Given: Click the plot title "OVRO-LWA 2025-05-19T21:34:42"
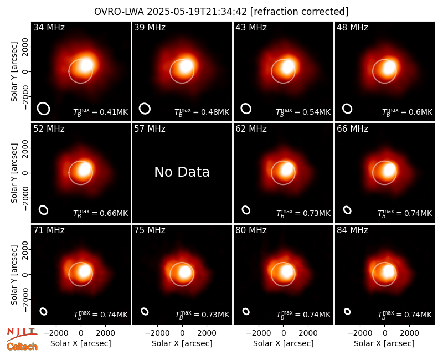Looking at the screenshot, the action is tap(171, 12).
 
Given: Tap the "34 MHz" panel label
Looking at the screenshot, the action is tap(49, 27).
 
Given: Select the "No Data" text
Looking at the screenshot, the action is tap(182, 172).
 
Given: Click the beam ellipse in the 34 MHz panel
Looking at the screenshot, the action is tap(44, 109).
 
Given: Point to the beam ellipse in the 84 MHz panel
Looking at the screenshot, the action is tap(347, 311).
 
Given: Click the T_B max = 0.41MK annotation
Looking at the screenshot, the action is tap(101, 112).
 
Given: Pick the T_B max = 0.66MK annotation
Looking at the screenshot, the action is tap(101, 213).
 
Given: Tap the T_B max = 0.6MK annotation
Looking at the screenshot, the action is tap(407, 112).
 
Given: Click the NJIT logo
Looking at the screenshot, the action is tap(22, 333).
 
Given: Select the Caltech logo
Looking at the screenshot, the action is tap(22, 347).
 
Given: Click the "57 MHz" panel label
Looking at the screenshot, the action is tap(150, 129).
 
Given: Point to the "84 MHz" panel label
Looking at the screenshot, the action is tap(352, 230).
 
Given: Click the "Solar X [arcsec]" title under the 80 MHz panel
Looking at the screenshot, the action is tap(284, 343).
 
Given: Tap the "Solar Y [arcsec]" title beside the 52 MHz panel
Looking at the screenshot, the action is tap(14, 173).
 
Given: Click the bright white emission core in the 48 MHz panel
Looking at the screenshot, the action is tap(389, 68).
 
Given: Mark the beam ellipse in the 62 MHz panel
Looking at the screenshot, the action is tap(246, 210).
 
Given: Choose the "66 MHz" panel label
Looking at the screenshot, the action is tap(352, 129).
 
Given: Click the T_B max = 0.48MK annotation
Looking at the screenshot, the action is tap(202, 112).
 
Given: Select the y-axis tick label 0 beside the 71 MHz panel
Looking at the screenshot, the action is tap(25, 274).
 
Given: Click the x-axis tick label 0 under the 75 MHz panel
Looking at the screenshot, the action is tap(182, 333).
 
